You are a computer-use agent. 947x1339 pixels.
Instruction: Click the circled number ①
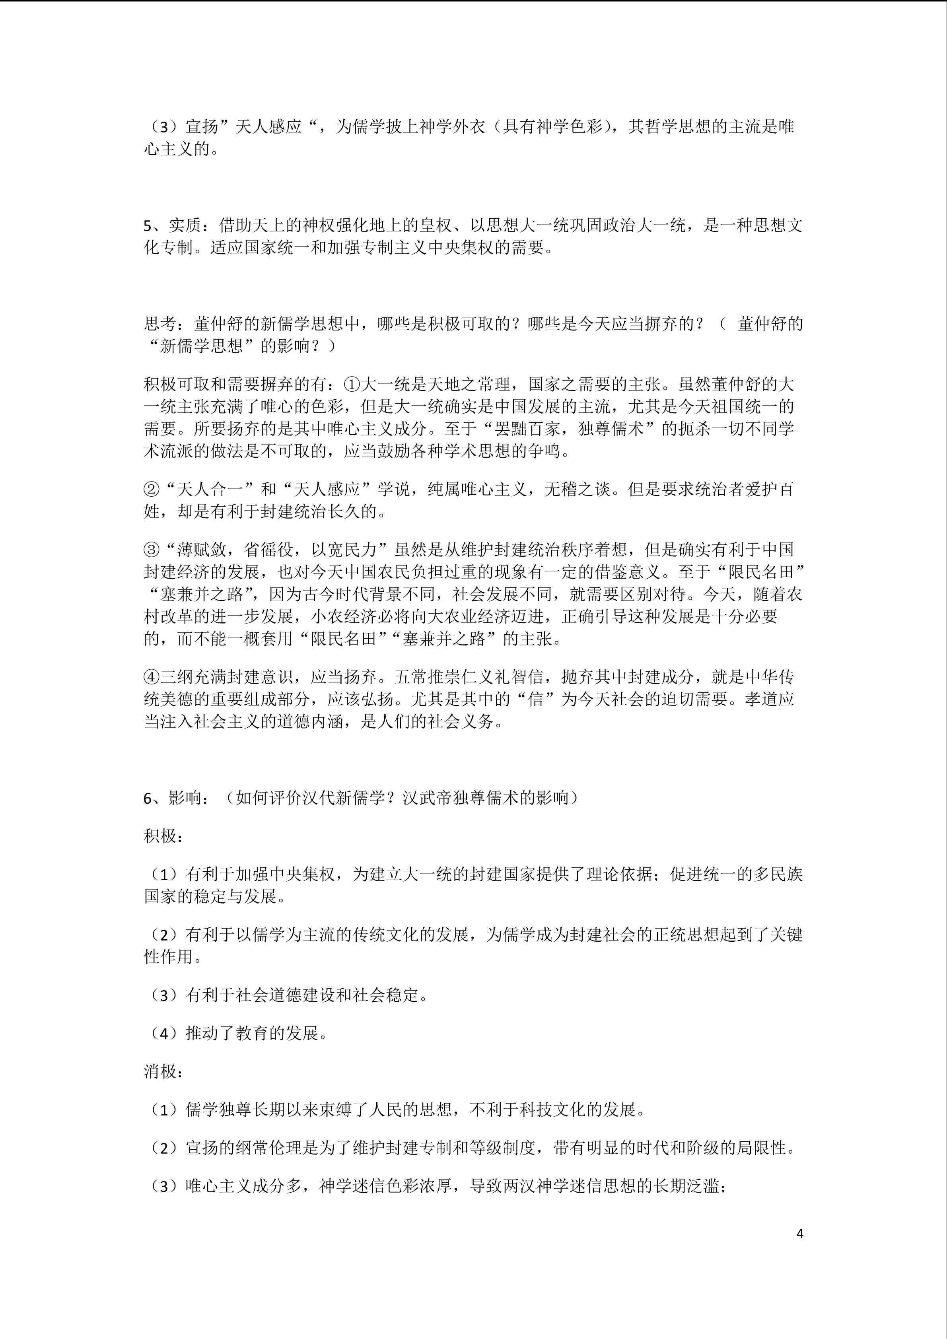(x=353, y=384)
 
